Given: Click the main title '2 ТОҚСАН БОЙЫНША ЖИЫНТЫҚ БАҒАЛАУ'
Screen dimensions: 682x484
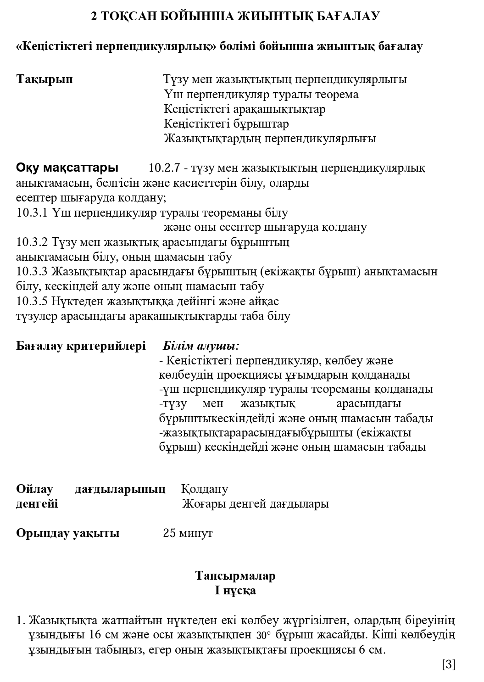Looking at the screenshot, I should [x=235, y=17].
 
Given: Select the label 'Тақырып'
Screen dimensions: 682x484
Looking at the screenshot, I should [x=45, y=79].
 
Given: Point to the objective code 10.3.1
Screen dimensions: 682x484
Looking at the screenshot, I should [x=32, y=213].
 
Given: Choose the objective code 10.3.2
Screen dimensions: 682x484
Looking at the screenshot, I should [x=32, y=242].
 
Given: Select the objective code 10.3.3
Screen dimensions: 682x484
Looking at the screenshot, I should [x=32, y=272].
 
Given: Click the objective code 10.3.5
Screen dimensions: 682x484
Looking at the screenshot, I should [x=32, y=302].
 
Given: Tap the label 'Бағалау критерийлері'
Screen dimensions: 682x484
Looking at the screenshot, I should [x=81, y=346].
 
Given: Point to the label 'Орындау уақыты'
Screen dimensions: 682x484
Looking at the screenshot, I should [x=68, y=533].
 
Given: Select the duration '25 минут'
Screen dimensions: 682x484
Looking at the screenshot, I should [x=188, y=533].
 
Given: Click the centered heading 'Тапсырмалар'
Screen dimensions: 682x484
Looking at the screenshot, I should [x=235, y=576].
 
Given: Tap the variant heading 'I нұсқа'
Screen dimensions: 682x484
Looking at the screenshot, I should [x=235, y=590].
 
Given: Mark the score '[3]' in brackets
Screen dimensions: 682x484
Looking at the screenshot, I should [x=448, y=664].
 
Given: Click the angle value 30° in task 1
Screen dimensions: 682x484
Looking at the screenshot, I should [x=264, y=636].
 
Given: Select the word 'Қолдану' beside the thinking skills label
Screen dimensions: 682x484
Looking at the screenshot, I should [x=205, y=489].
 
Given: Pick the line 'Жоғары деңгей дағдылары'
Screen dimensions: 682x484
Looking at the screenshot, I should [x=256, y=504].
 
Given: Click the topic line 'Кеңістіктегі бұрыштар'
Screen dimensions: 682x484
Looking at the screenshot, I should [x=227, y=124].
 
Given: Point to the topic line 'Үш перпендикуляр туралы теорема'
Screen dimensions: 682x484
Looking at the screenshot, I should [x=261, y=95].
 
